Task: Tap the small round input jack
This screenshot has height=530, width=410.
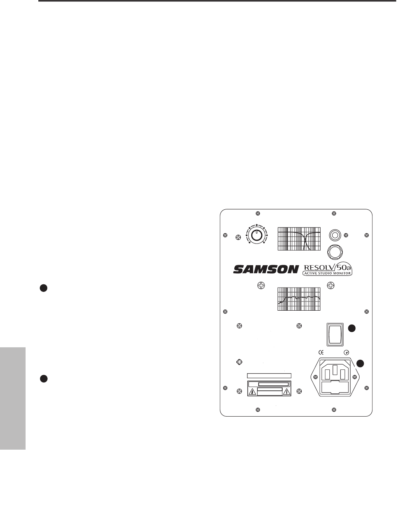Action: (x=335, y=235)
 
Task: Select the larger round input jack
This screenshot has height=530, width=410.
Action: (x=335, y=252)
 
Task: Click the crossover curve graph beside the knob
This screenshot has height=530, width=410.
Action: (x=299, y=239)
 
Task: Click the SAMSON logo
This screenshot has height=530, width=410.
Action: (x=266, y=270)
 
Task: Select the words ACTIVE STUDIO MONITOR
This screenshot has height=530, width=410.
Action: (x=327, y=273)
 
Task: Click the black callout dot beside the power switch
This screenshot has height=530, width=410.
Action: (x=351, y=328)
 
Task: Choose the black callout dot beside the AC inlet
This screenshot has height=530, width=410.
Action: (x=360, y=363)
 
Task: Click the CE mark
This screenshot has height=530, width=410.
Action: (x=320, y=353)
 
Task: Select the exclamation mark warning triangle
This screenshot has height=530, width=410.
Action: (x=286, y=392)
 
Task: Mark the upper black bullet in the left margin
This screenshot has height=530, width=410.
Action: (x=43, y=288)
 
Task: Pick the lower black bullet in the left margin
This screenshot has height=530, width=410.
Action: (x=43, y=379)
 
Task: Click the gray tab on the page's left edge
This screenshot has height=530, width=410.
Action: (x=13, y=398)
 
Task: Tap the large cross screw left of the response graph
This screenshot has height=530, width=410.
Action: (x=261, y=285)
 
